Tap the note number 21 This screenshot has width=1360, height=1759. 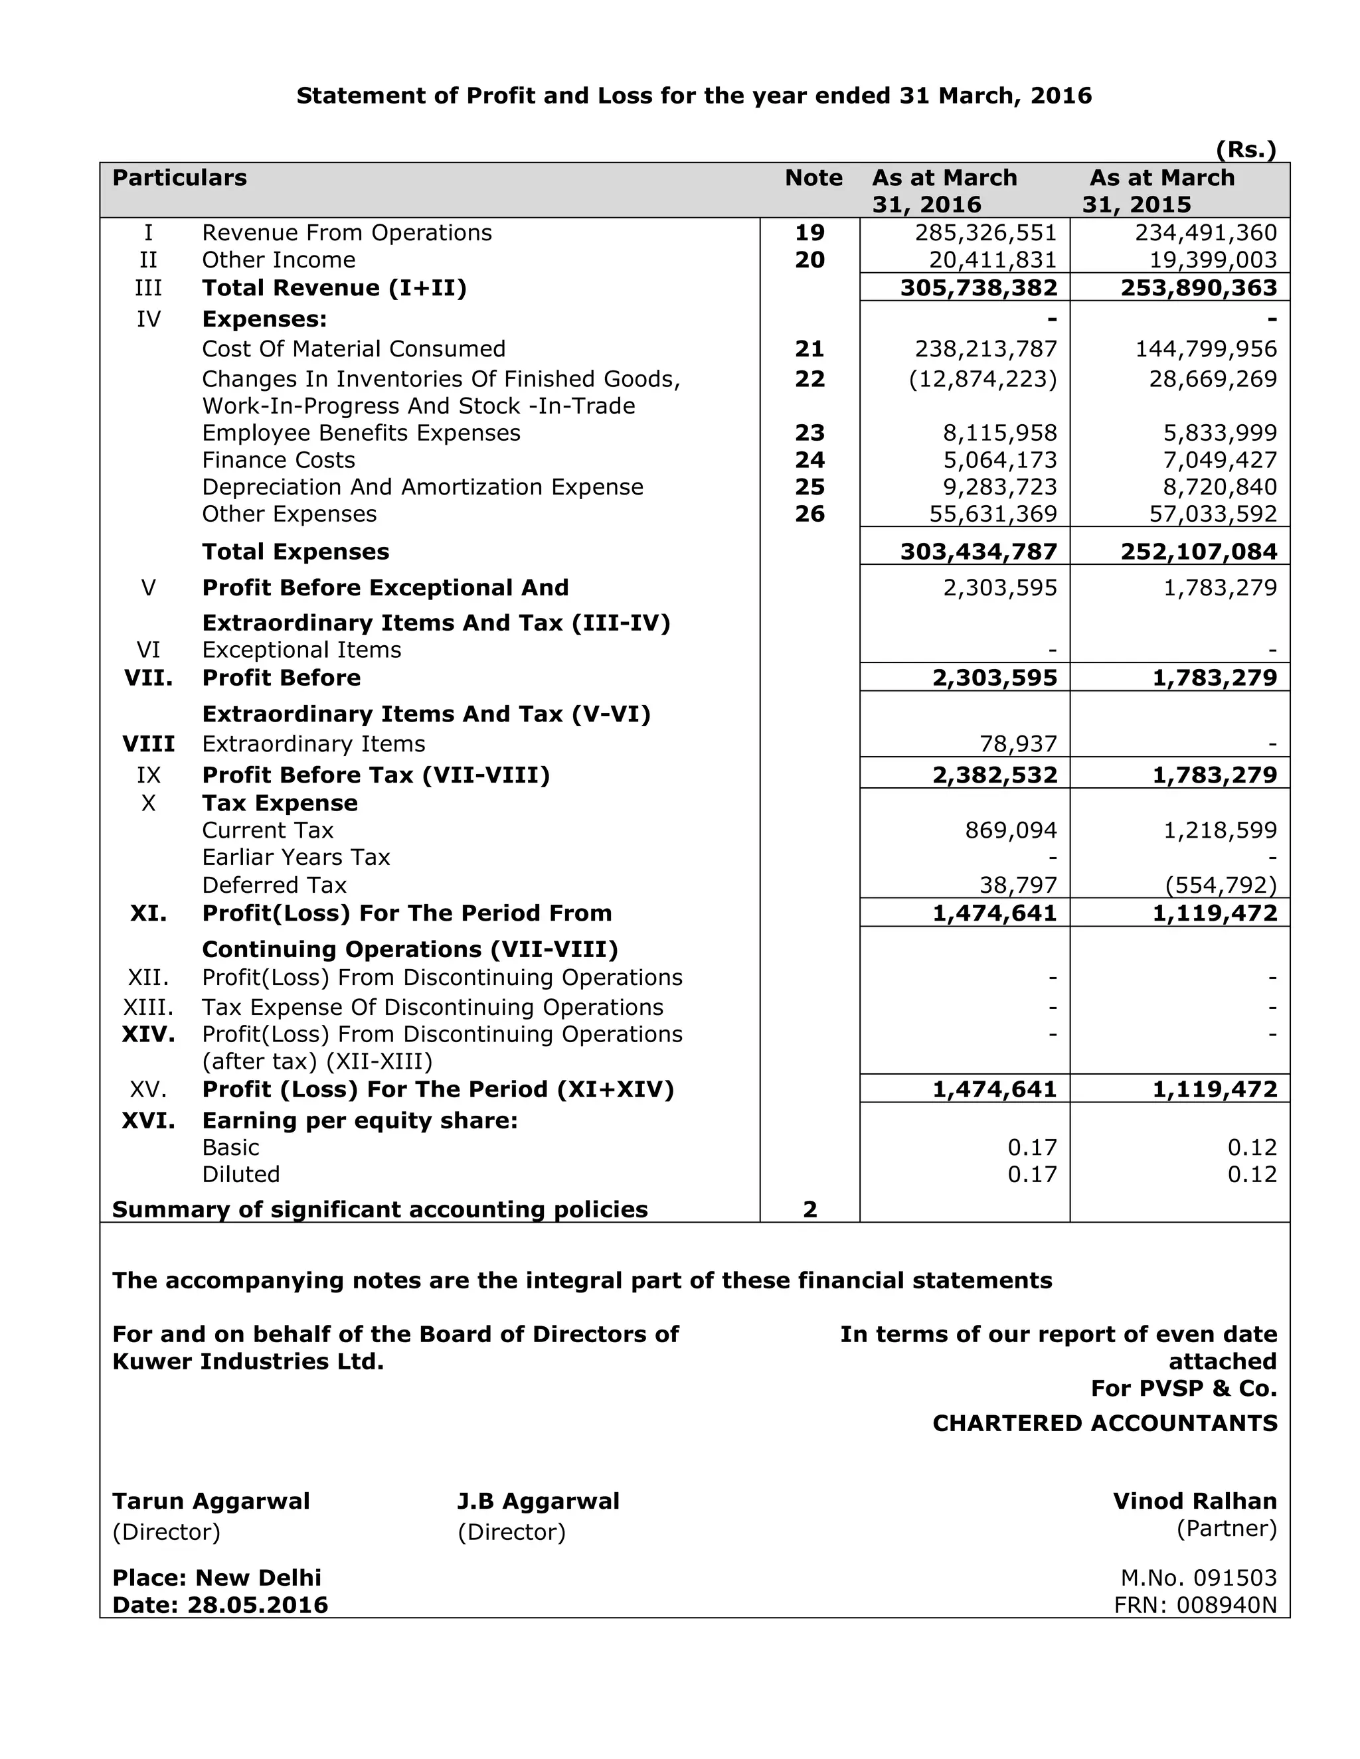[x=809, y=348]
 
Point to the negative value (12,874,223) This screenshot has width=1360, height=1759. [x=982, y=378]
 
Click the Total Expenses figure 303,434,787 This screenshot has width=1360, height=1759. [x=978, y=552]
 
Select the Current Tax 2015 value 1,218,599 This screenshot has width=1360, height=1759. [x=1220, y=830]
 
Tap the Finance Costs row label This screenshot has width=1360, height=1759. [x=278, y=460]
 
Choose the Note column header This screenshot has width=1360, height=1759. [x=813, y=178]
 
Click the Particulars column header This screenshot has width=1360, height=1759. [x=180, y=178]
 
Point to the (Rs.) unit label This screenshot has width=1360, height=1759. [x=1246, y=150]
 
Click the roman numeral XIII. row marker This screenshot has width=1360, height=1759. [x=148, y=1008]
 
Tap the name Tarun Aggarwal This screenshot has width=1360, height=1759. [x=211, y=1501]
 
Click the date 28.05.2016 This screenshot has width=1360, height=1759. [x=258, y=1605]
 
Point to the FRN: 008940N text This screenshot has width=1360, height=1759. [x=1195, y=1605]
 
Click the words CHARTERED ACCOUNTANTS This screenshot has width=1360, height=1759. [x=1104, y=1423]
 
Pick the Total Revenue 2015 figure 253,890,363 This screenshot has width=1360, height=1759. [x=1198, y=288]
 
